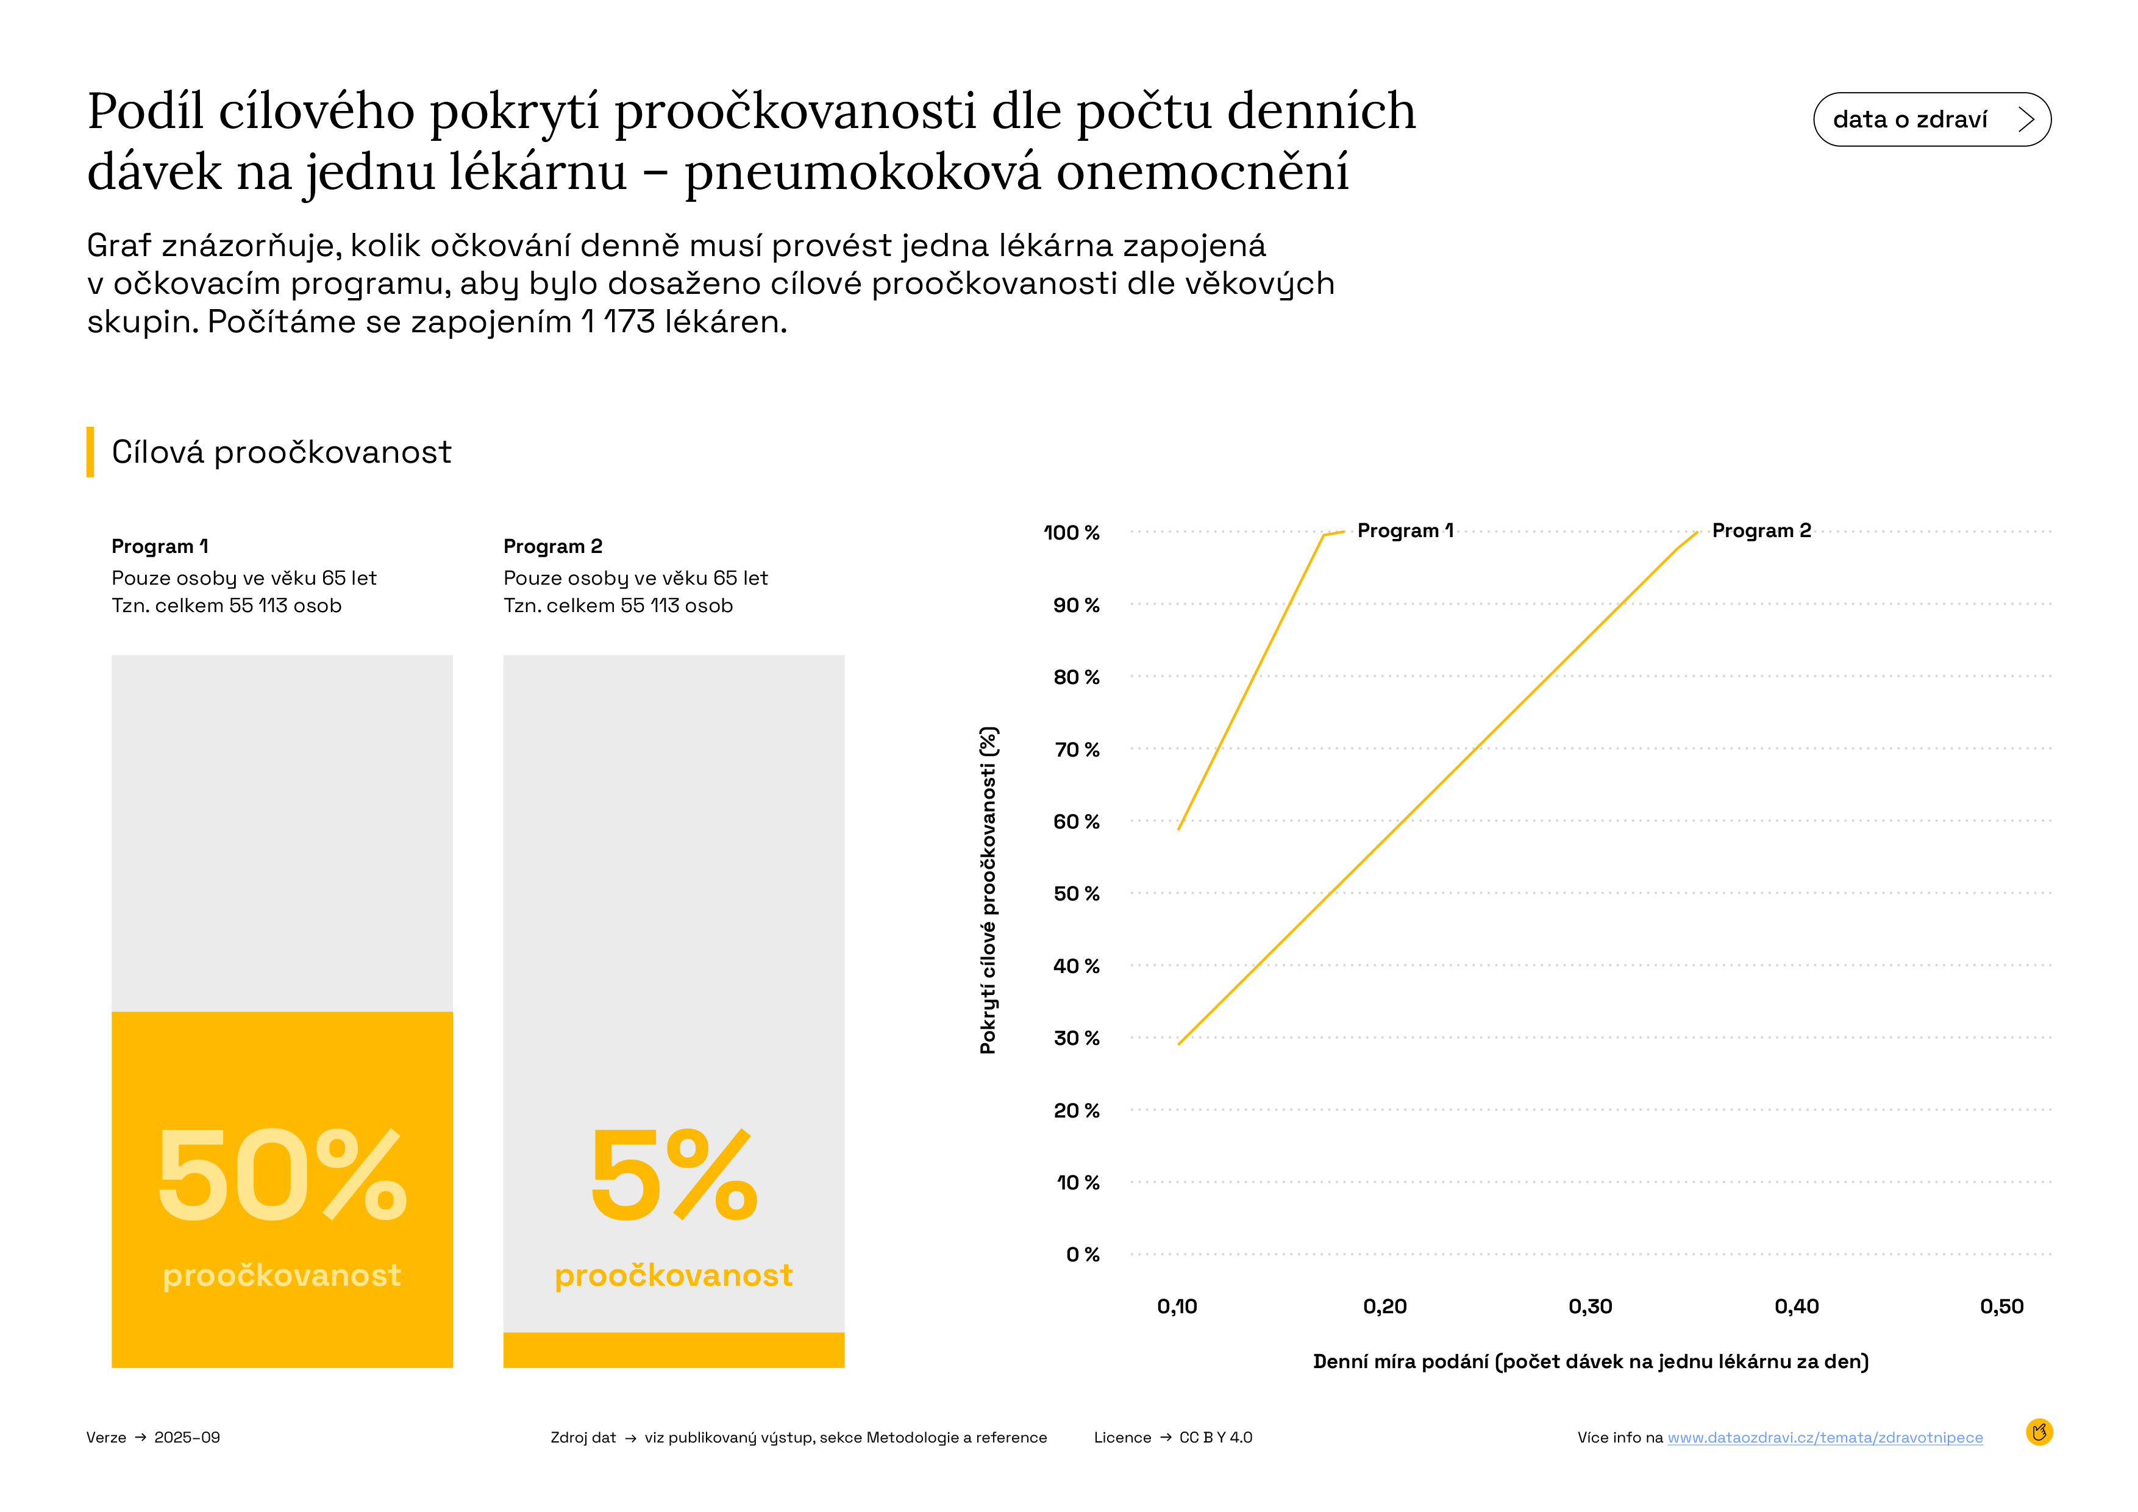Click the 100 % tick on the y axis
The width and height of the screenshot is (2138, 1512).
[x=1071, y=532]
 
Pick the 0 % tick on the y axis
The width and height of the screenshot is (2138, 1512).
[x=1082, y=1254]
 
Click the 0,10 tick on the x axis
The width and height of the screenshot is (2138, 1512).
[x=1177, y=1307]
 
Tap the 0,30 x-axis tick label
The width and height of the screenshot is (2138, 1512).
[x=1589, y=1307]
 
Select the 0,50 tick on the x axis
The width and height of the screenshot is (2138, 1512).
[x=2001, y=1307]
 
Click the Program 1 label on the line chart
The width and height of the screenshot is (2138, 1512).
[x=1404, y=530]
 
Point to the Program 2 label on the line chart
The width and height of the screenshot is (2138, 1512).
[x=1761, y=530]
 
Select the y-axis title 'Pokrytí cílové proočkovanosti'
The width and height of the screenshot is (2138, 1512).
[x=988, y=890]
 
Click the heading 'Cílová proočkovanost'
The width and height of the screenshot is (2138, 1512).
[x=281, y=452]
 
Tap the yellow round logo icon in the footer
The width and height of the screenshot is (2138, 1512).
[x=2039, y=1432]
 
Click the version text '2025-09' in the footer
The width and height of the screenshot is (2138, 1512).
[x=187, y=1438]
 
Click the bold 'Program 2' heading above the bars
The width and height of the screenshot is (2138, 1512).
[x=552, y=546]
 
